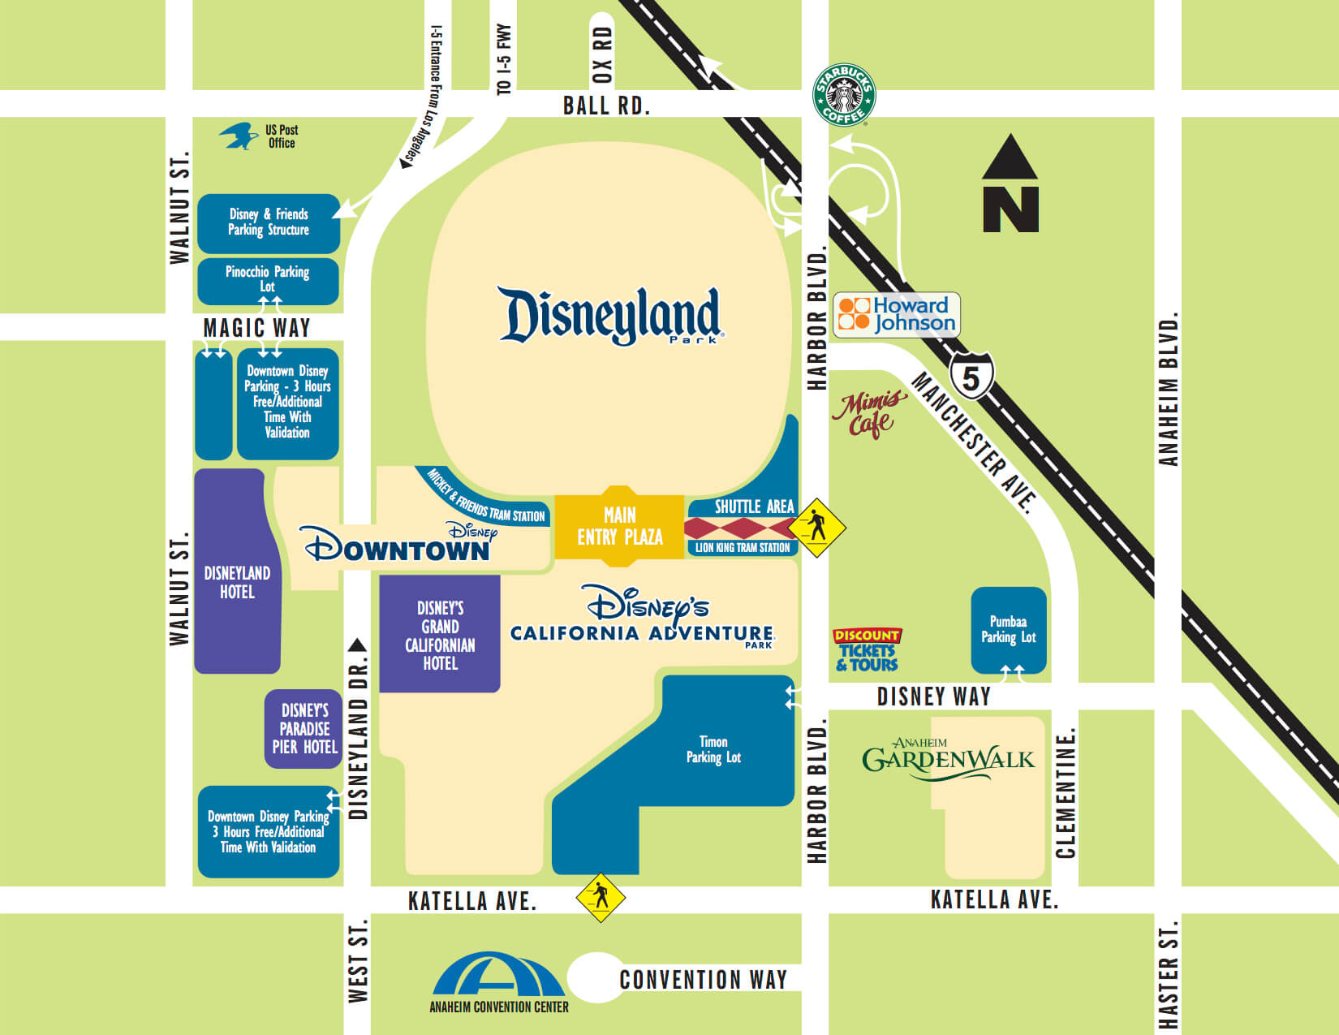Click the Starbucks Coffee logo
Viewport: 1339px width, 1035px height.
(844, 96)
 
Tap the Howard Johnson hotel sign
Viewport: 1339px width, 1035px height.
(897, 315)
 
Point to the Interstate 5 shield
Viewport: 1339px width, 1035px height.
(971, 377)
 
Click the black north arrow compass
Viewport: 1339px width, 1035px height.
(1010, 184)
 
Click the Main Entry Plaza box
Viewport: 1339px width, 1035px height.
(619, 525)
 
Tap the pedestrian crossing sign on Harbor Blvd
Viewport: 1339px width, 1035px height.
(817, 528)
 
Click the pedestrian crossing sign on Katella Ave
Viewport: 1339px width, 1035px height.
(601, 897)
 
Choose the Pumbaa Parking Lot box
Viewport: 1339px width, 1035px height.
(1009, 630)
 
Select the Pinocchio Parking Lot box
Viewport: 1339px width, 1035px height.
(268, 280)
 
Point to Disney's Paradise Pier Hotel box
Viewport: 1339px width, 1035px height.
(304, 728)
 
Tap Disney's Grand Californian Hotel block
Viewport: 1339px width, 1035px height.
(440, 635)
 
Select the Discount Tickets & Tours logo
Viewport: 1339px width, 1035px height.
(867, 650)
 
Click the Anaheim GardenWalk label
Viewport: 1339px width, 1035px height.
(948, 759)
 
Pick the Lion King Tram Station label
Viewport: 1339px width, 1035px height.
(742, 548)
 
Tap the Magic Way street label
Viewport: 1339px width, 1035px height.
(256, 328)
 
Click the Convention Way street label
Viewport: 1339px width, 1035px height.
(703, 980)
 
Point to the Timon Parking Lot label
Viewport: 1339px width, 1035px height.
(713, 749)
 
